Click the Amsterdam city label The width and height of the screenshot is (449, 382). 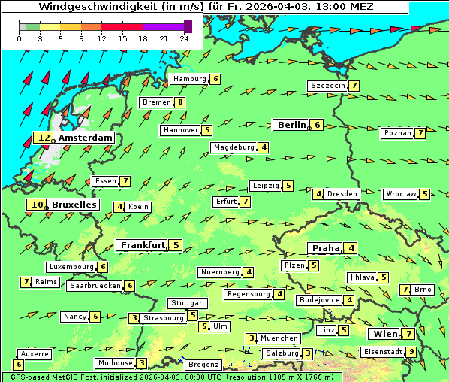[x=85, y=138]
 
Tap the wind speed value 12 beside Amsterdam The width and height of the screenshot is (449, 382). [x=44, y=138]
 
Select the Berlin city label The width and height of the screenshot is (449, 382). [x=291, y=125]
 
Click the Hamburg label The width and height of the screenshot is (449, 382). [x=189, y=79]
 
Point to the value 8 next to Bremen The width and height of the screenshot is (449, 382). [x=180, y=102]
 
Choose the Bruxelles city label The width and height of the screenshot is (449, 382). [x=74, y=204]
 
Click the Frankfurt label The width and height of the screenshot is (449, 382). [x=143, y=245]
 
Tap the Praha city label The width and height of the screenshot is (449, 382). [x=326, y=248]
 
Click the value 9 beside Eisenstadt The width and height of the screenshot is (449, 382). [x=411, y=352]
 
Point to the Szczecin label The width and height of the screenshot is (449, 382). [x=328, y=86]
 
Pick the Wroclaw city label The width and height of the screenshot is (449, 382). [x=400, y=194]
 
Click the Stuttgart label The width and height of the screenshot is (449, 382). [x=187, y=303]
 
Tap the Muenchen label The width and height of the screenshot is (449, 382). [x=280, y=338]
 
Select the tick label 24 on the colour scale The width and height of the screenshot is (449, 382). [x=184, y=38]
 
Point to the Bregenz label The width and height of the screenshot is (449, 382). [x=203, y=365]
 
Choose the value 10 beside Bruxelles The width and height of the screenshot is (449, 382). [x=36, y=204]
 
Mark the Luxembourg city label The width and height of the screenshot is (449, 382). [x=71, y=267]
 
